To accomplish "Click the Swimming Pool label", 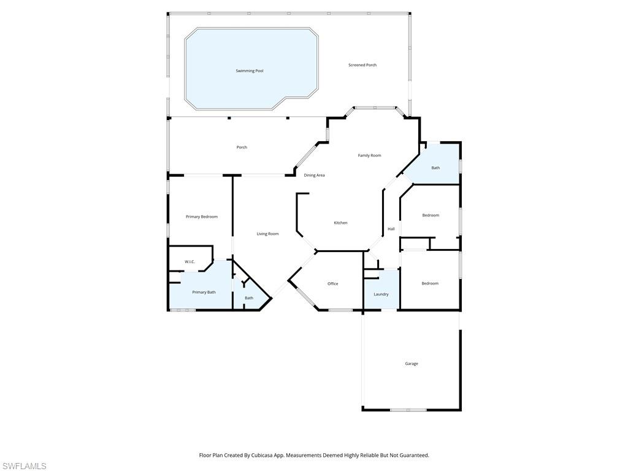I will (250, 71).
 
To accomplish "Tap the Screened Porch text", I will (362, 65).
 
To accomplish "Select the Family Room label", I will (369, 156).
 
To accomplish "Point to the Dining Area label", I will (315, 175).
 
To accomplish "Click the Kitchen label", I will (340, 223).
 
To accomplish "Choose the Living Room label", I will (267, 234).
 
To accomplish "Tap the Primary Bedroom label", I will (202, 216).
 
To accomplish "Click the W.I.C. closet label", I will (190, 262).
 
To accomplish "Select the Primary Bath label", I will (204, 292).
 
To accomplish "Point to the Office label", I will (332, 284).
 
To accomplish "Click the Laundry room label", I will (381, 294).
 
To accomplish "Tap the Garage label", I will (412, 364).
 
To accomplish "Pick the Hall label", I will (391, 229).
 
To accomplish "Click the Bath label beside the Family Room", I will (435, 168).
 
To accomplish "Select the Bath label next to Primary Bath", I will (249, 298).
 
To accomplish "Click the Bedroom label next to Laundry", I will (430, 283).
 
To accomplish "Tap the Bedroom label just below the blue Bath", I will (431, 215).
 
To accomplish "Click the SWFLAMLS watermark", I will (25, 466).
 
